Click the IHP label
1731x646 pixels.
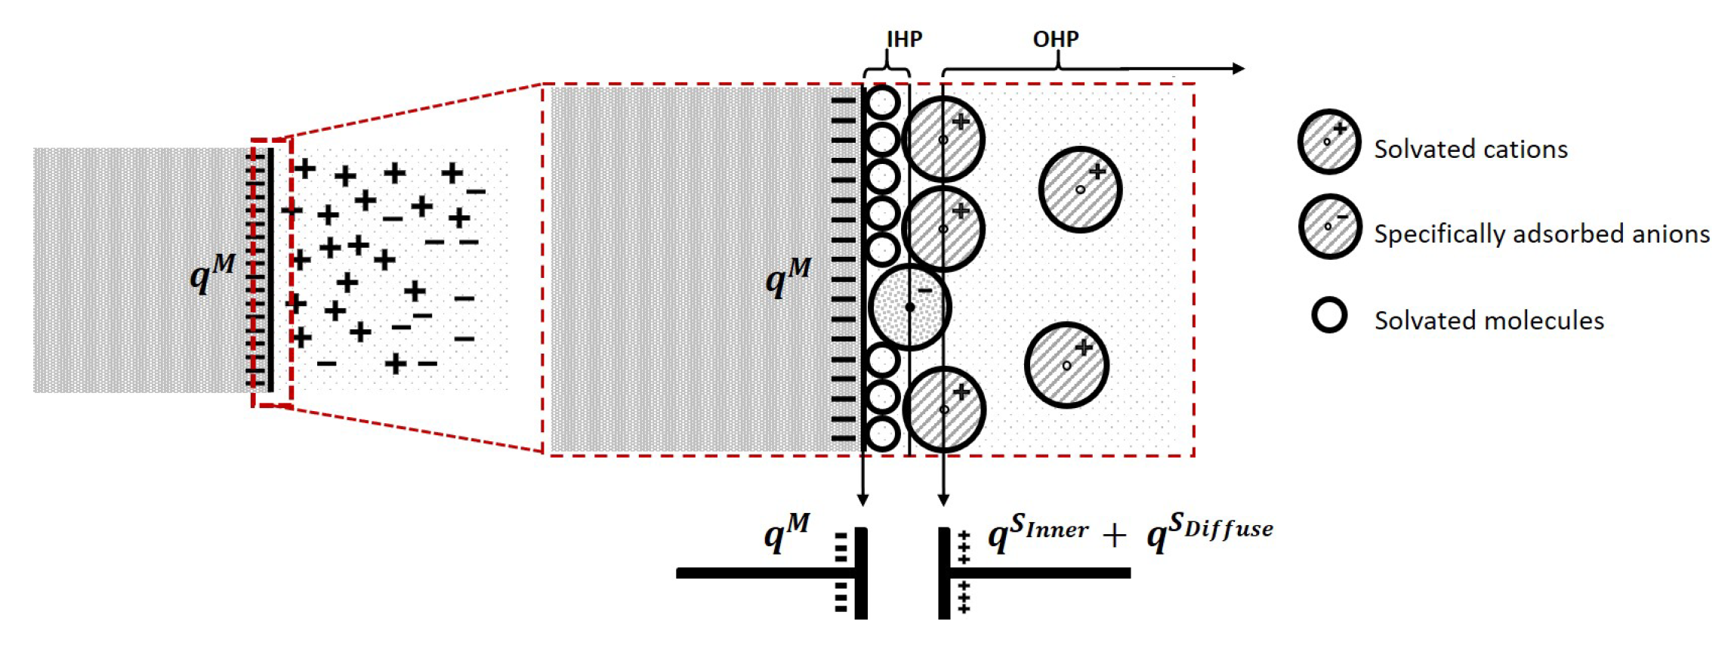[x=904, y=39]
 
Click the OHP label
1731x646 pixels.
[x=1055, y=39]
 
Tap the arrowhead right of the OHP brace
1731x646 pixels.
[x=1238, y=69]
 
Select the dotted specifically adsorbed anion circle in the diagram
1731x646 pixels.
[x=909, y=307]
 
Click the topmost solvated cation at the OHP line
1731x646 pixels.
[x=943, y=139]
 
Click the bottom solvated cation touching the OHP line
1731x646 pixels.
[x=944, y=410]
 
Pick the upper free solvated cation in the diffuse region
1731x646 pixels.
[x=1080, y=189]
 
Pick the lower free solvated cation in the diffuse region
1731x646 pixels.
[x=1066, y=365]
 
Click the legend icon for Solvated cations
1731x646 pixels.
[x=1329, y=141]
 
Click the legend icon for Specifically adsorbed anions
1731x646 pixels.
[x=1329, y=226]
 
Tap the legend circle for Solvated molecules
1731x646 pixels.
[x=1329, y=315]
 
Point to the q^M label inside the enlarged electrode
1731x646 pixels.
[x=788, y=277]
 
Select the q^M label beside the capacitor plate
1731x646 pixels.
[x=786, y=532]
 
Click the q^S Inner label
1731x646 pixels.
[x=1038, y=532]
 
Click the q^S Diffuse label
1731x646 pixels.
[x=1209, y=532]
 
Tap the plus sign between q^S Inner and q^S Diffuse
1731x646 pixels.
[x=1114, y=536]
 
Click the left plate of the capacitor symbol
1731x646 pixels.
[x=861, y=573]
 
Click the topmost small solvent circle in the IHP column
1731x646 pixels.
[x=883, y=102]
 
